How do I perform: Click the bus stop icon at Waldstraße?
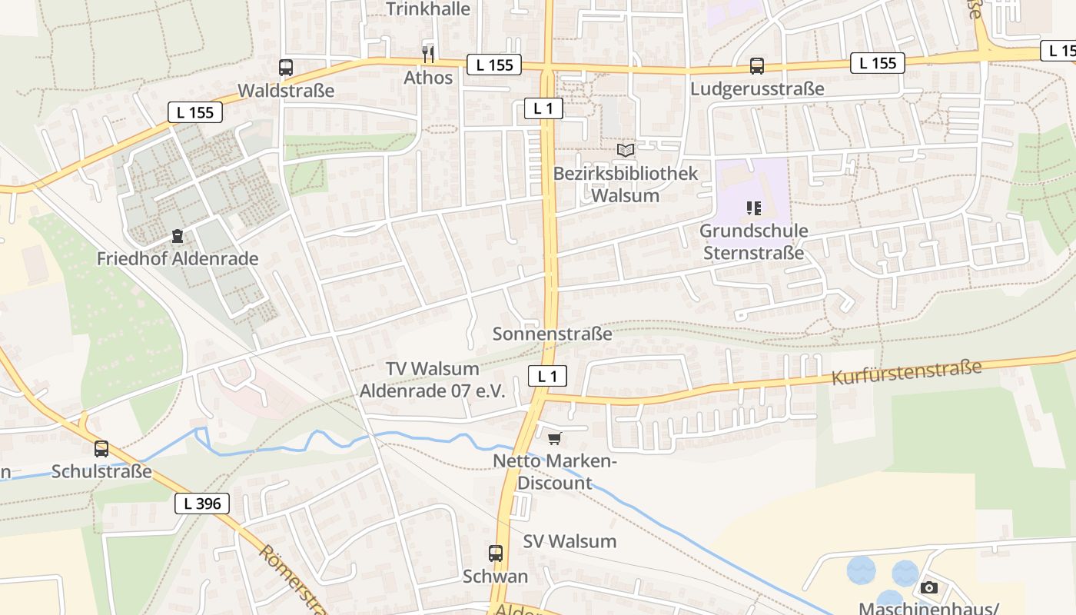pyautogui.click(x=286, y=68)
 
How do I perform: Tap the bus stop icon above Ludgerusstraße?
pyautogui.click(x=757, y=66)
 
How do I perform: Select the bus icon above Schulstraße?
pyautogui.click(x=101, y=448)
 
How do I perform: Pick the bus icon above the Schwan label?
pyautogui.click(x=496, y=553)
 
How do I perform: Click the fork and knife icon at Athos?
pyautogui.click(x=428, y=54)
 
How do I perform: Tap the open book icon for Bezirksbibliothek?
pyautogui.click(x=626, y=150)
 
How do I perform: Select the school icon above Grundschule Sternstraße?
pyautogui.click(x=753, y=208)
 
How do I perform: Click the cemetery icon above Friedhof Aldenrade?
pyautogui.click(x=178, y=235)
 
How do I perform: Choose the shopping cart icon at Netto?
pyautogui.click(x=554, y=438)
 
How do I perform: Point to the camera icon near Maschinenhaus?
pyautogui.click(x=928, y=587)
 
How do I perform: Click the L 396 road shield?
pyautogui.click(x=202, y=504)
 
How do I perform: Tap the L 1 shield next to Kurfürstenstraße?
pyautogui.click(x=547, y=376)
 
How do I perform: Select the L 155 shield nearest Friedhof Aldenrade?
pyautogui.click(x=195, y=112)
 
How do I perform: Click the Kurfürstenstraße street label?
pyautogui.click(x=907, y=372)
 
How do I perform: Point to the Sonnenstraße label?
pyautogui.click(x=552, y=334)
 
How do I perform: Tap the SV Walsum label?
pyautogui.click(x=570, y=541)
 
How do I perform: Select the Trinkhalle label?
pyautogui.click(x=428, y=9)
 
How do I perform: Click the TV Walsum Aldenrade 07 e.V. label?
pyautogui.click(x=433, y=380)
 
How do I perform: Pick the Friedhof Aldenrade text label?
pyautogui.click(x=178, y=259)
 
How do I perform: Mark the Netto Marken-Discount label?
pyautogui.click(x=555, y=472)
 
